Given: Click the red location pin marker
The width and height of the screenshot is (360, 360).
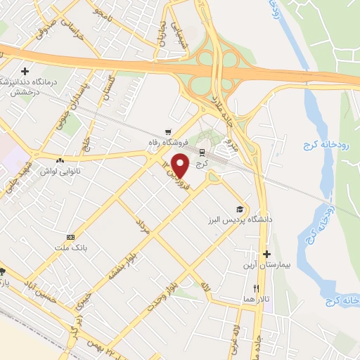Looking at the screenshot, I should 181,165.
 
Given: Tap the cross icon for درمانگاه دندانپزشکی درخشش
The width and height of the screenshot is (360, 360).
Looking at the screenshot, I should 25,71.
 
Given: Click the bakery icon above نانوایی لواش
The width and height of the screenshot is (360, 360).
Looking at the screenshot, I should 67,161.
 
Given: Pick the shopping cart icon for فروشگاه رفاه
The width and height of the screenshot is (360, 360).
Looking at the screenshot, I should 167,131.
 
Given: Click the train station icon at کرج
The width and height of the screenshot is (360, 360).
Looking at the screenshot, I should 202,153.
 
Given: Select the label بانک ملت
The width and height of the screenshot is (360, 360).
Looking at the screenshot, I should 70,247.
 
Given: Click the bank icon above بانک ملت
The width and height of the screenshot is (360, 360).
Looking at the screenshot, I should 70,237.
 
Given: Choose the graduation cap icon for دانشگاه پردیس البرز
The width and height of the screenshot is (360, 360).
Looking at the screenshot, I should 240,209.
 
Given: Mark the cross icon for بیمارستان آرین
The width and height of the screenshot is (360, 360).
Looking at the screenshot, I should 266,254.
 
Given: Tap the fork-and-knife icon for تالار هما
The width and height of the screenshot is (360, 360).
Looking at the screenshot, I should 256,288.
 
